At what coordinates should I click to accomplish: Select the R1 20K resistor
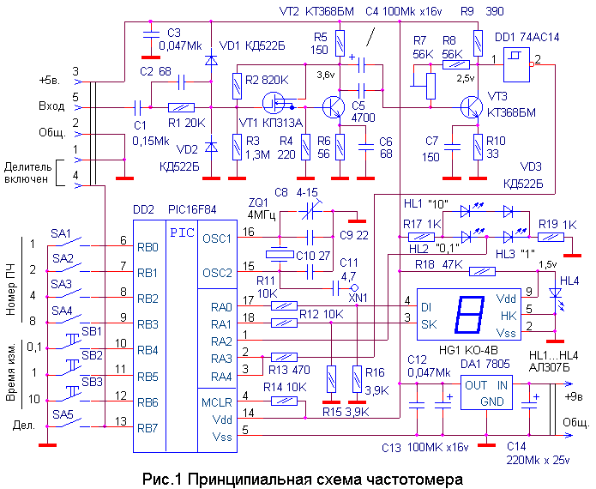[181, 107]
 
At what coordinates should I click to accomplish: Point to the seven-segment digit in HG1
[469, 315]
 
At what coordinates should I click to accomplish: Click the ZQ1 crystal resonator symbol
[280, 255]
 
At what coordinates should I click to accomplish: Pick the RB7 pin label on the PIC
[147, 429]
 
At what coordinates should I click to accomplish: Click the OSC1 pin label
[217, 238]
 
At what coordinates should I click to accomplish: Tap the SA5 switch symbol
[69, 423]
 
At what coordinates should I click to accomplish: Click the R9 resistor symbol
[479, 43]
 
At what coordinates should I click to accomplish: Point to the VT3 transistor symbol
[472, 107]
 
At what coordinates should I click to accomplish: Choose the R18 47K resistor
[482, 271]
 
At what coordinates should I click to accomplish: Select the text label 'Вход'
[51, 106]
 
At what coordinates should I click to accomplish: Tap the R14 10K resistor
[285, 401]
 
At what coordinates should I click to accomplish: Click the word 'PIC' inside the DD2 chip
[182, 232]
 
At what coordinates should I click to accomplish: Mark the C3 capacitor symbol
[151, 34]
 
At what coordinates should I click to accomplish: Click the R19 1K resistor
[551, 238]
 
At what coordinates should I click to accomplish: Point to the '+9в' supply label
[574, 396]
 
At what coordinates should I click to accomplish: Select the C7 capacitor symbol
[452, 147]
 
